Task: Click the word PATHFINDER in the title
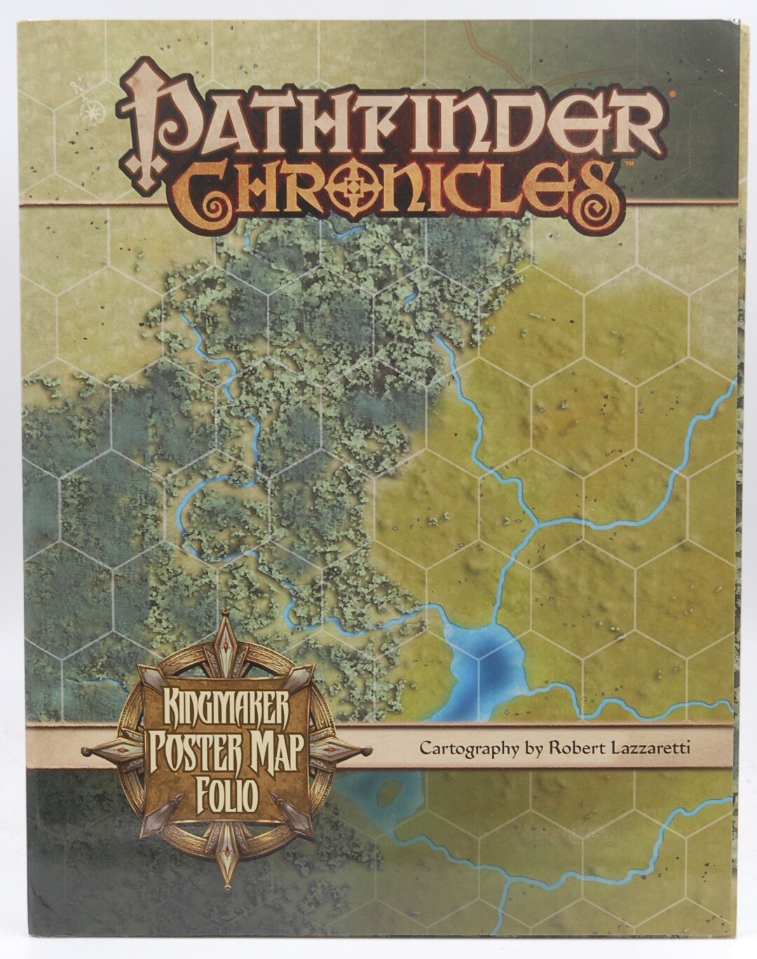click(x=393, y=116)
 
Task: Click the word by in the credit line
click(x=531, y=748)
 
